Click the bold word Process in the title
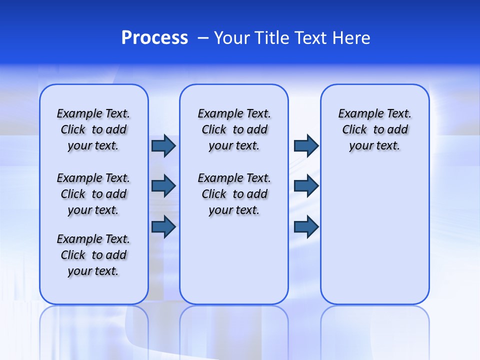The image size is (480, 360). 154,38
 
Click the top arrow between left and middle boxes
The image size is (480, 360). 163,146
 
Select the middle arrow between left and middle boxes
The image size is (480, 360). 163,186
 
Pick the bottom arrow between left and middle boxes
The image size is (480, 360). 163,226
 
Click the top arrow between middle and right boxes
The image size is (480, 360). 306,146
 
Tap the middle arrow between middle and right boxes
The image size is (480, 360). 306,186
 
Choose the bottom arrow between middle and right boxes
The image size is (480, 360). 306,226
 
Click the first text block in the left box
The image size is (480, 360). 93,129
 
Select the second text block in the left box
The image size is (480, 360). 93,194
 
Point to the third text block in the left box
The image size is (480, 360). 93,255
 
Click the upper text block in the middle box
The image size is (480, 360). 234,129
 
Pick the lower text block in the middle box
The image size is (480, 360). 234,194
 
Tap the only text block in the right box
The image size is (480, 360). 374,129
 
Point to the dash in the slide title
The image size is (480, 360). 203,38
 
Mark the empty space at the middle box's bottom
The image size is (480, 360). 234,265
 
